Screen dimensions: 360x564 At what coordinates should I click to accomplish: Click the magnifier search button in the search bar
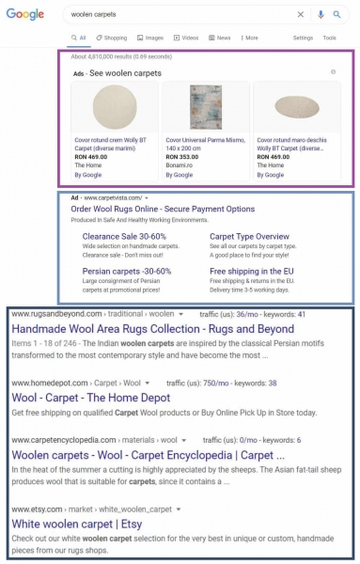click(x=336, y=15)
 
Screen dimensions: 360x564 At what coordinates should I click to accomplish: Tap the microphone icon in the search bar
click(x=320, y=15)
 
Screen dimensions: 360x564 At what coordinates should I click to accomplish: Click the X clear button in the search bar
click(x=301, y=15)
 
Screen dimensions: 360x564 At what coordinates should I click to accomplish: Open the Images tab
click(x=149, y=38)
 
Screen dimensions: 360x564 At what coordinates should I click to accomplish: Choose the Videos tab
click(x=186, y=38)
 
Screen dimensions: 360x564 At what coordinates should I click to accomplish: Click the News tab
click(x=220, y=38)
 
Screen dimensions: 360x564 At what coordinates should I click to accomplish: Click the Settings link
click(x=303, y=38)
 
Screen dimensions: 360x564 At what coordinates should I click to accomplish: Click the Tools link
click(x=329, y=38)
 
